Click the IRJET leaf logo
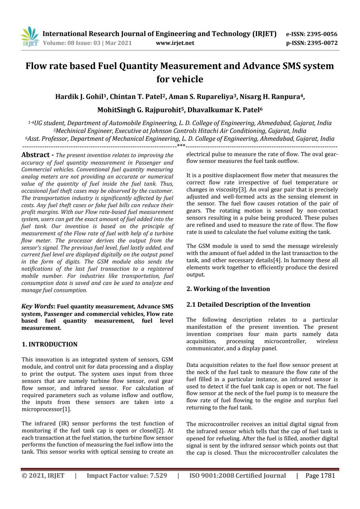(30, 37)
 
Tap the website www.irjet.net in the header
(175, 43)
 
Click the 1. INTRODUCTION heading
(50, 344)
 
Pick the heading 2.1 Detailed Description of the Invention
(248, 305)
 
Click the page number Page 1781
(320, 476)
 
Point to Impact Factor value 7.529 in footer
(127, 476)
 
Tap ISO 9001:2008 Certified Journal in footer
(237, 476)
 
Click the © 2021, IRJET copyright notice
(43, 476)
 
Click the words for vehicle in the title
(180, 79)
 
